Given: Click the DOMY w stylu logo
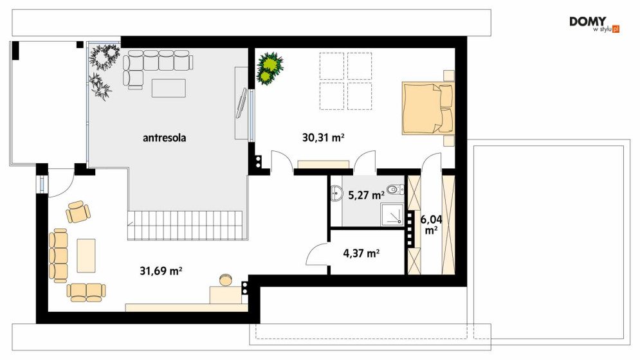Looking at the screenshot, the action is (594, 24).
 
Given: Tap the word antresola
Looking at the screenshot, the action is (165, 138).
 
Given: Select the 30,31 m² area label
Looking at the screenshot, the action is (323, 138).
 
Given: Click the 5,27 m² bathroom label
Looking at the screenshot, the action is (366, 195).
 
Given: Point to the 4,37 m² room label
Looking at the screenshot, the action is (361, 253).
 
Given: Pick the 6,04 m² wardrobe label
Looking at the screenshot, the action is (432, 225).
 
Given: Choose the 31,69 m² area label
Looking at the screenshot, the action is (161, 270).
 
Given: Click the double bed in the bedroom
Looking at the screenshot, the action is (428, 108).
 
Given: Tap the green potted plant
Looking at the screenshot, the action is (270, 67).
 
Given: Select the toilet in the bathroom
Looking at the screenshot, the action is (396, 190).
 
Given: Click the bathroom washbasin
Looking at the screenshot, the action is (337, 193).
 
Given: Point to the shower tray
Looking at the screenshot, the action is (392, 215).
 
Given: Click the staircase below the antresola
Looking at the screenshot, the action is (188, 225).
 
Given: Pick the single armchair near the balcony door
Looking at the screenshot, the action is (78, 212).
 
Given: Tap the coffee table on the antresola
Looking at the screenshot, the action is (169, 88).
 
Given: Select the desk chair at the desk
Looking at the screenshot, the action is (225, 280).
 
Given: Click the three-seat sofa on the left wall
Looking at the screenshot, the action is (58, 255).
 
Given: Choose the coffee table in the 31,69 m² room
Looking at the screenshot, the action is (86, 255).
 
